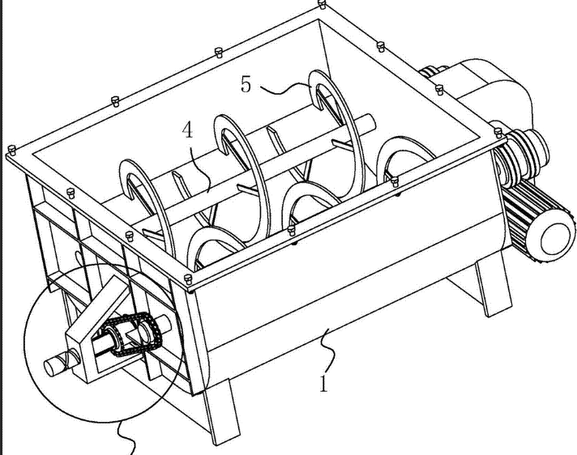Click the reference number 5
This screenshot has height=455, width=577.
pos(246,84)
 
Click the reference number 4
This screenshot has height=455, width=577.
pos(188,130)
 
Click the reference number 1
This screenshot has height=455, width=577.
pos(323,383)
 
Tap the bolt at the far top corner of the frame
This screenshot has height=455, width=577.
pos(323,4)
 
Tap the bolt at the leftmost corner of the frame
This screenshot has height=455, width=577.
pos(12,150)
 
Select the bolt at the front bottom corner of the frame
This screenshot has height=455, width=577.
pos(188,279)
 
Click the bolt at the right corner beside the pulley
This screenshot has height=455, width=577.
pos(498,133)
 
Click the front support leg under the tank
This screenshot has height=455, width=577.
pos(220,411)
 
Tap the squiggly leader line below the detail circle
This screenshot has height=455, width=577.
pos(127,438)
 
